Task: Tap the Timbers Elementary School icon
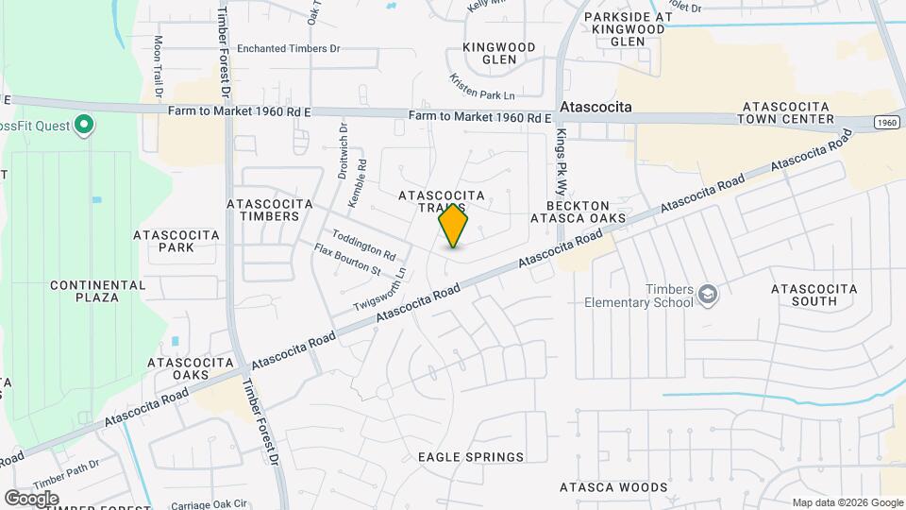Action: tap(707, 297)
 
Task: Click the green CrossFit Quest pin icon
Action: tap(84, 125)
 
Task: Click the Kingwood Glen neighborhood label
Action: tap(499, 53)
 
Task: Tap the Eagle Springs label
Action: tap(471, 457)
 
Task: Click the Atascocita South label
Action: tap(814, 295)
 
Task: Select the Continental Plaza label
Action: tap(98, 291)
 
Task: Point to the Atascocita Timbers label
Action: tap(263, 210)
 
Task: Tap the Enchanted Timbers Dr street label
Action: tap(288, 48)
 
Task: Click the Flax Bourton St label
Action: tap(347, 260)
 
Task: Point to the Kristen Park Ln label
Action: tap(482, 88)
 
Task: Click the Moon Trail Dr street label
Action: tap(159, 68)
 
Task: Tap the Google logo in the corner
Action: tap(31, 499)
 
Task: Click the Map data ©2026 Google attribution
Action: tap(847, 502)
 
